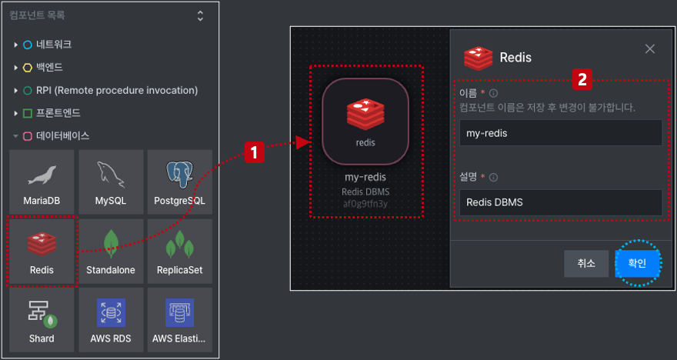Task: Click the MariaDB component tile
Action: point(42,182)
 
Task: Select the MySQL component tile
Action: point(111,182)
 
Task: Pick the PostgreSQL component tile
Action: point(180,182)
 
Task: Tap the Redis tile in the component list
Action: point(42,252)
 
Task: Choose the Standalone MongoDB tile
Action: point(111,252)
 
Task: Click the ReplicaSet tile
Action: point(180,252)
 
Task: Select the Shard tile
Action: point(42,320)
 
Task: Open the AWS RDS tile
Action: point(111,320)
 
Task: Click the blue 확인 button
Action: point(637,263)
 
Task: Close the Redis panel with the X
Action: point(650,49)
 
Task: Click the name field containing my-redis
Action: point(560,133)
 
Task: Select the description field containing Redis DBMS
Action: point(560,202)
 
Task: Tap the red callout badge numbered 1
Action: point(255,153)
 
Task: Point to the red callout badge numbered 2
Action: point(582,79)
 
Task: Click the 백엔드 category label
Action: point(49,68)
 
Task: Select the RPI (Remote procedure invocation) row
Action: point(117,90)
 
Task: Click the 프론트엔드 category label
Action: point(58,113)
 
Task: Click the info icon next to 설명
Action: point(493,178)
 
